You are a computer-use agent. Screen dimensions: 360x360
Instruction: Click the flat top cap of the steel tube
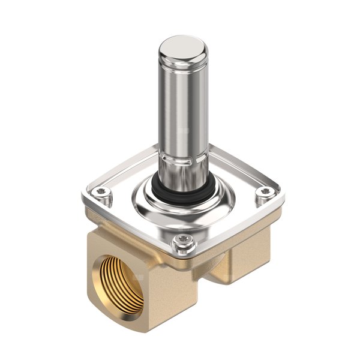click(184, 47)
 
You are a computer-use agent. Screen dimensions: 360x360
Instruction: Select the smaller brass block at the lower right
click(240, 264)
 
